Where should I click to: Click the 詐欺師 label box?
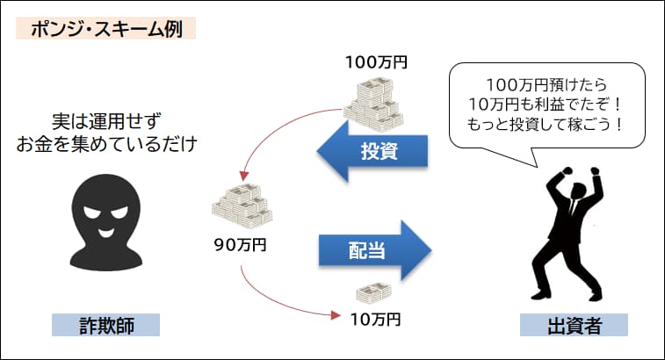(105, 326)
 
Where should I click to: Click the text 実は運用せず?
(105, 119)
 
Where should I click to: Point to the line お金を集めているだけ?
(105, 143)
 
